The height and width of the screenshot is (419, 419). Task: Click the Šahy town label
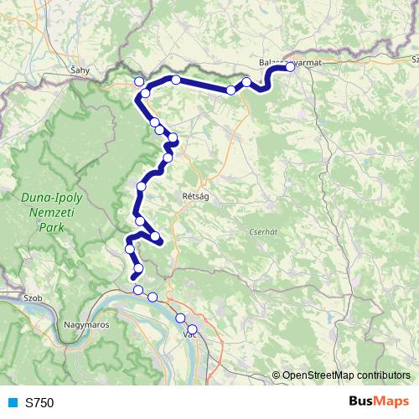click(81, 71)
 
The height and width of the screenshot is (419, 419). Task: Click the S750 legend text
click(39, 402)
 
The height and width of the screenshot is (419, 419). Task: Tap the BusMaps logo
click(379, 401)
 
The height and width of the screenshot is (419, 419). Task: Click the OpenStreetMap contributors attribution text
click(346, 375)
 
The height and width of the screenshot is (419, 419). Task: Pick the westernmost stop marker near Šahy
click(139, 81)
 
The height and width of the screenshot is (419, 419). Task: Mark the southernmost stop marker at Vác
click(192, 329)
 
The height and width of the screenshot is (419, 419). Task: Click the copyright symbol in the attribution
click(277, 375)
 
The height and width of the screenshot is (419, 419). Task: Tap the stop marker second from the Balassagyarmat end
click(246, 82)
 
